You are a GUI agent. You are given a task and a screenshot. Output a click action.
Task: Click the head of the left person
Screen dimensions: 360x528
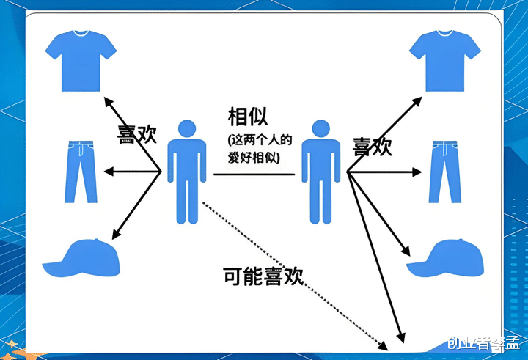tap(187, 129)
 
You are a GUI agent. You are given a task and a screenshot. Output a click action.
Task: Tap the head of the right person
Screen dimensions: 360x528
tap(321, 129)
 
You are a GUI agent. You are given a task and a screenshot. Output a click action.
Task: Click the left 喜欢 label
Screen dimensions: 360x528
tap(136, 134)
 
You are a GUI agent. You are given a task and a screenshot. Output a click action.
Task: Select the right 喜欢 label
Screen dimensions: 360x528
tap(372, 146)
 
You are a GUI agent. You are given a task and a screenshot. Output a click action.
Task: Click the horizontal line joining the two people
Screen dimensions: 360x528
tap(254, 174)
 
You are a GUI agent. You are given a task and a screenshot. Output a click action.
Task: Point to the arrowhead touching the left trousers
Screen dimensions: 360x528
tap(109, 172)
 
